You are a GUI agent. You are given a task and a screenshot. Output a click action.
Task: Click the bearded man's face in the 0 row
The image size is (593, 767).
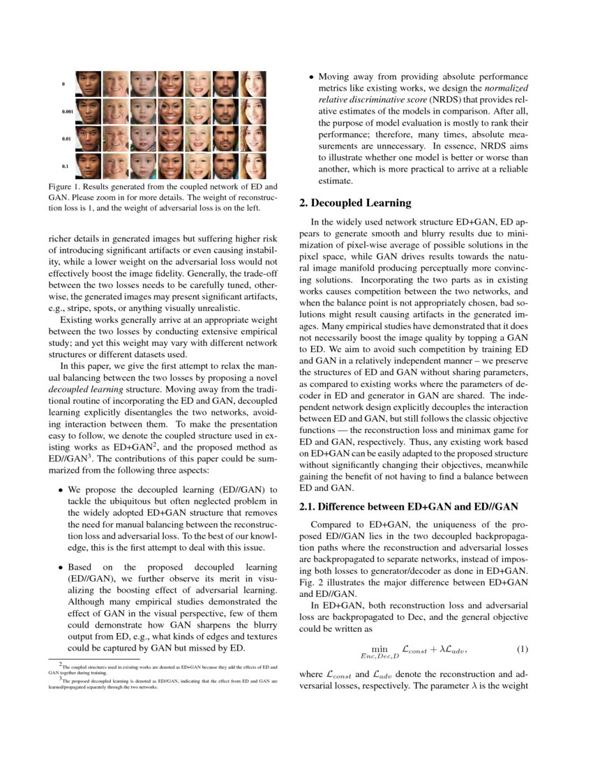click(x=225, y=84)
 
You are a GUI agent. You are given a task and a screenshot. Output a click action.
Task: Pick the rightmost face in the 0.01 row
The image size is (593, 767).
click(x=253, y=139)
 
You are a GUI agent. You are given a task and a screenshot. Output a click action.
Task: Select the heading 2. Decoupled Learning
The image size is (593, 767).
click(x=355, y=204)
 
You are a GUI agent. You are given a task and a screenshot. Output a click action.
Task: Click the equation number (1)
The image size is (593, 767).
click(x=522, y=649)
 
